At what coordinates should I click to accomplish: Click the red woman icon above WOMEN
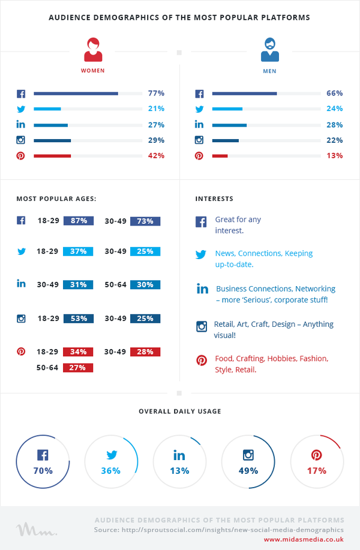pos(93,50)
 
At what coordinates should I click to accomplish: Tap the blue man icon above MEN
pos(270,50)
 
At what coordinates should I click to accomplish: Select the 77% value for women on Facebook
pos(156,94)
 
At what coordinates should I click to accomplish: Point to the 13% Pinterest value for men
pos(334,156)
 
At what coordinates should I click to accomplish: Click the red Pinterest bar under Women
pos(52,156)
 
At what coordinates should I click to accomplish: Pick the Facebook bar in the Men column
pos(244,94)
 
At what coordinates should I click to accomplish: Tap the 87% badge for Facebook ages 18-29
pos(79,221)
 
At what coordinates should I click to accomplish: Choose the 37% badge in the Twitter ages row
pos(78,251)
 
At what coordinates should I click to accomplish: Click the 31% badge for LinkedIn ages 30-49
pos(78,284)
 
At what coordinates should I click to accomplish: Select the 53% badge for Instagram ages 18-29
pos(79,318)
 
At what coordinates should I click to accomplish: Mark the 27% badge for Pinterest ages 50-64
pos(78,368)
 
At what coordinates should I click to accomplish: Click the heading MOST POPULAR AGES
pos(56,199)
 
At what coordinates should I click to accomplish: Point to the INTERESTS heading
pos(214,199)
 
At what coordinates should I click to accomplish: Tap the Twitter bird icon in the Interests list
pos(201,254)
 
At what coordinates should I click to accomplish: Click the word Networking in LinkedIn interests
pos(315,288)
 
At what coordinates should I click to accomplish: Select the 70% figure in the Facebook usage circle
pos(43,471)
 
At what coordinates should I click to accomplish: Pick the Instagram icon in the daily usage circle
pos(248,455)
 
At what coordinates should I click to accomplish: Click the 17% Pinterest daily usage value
pos(316,471)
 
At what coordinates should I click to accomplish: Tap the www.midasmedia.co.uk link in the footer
pos(304,539)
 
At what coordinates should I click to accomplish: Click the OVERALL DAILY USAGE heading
pos(180,411)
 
